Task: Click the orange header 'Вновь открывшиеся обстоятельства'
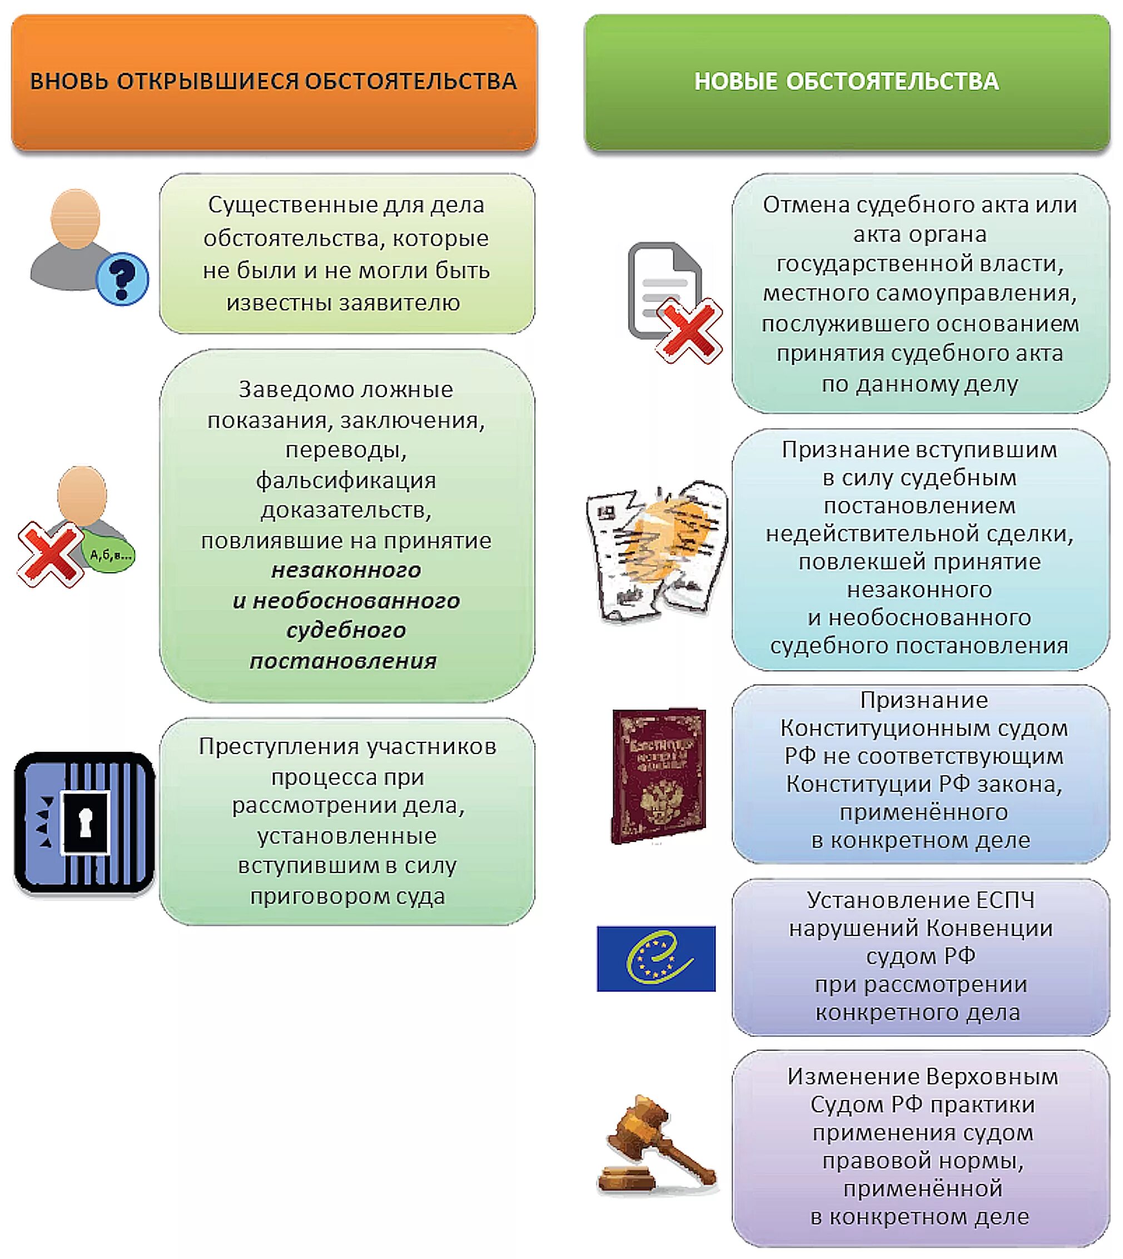[274, 81]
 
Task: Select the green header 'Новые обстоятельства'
[847, 81]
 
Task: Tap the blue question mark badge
[122, 279]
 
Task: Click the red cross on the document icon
[689, 331]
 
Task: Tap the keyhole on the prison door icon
[86, 822]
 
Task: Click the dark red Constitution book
[658, 775]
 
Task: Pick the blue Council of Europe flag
[656, 959]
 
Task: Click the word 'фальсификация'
[346, 480]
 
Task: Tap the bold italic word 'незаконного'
[346, 570]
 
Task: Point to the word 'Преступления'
[279, 747]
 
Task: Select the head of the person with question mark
[75, 219]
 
